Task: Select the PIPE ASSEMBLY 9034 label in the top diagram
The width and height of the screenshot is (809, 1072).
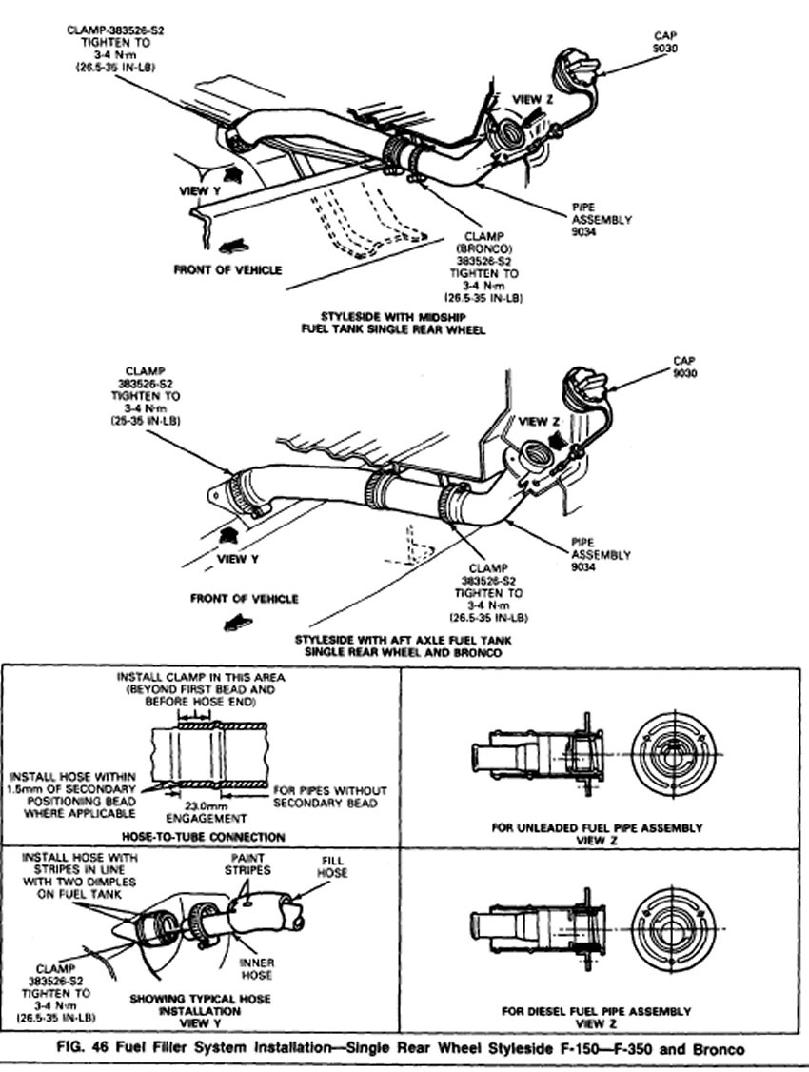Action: point(589,218)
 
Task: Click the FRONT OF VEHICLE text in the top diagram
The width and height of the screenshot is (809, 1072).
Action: point(227,269)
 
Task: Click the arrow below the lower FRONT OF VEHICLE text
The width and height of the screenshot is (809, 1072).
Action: point(232,623)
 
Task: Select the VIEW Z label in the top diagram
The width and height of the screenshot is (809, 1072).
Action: point(532,99)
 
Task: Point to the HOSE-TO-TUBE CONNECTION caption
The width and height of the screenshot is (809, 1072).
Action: point(204,837)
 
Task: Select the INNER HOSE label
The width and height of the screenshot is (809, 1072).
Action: point(256,968)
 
